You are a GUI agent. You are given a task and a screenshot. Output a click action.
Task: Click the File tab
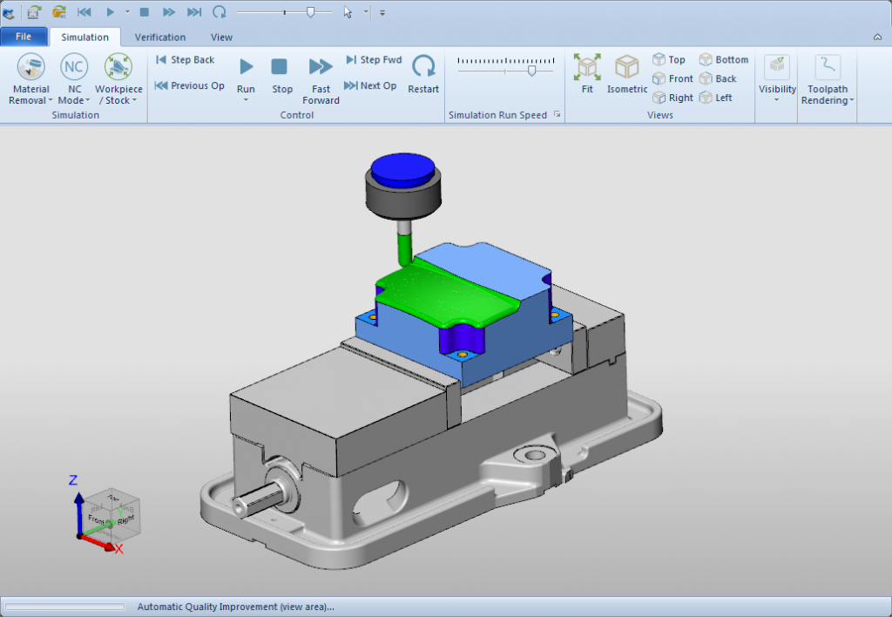24,37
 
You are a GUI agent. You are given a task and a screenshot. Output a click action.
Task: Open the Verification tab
159,37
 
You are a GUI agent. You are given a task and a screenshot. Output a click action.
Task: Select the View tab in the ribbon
221,37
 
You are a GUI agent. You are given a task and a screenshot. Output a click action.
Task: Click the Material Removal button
30,78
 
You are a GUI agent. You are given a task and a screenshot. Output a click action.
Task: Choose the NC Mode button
74,78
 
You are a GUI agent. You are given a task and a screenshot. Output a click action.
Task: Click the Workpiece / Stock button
118,78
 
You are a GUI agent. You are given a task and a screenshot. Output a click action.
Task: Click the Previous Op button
189,85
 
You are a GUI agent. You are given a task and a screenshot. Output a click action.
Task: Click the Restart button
423,74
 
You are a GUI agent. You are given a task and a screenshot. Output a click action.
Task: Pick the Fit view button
587,74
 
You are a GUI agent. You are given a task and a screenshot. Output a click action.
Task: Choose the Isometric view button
627,74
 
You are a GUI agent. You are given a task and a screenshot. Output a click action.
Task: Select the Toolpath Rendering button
827,78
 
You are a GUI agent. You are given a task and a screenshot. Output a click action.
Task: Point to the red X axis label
118,549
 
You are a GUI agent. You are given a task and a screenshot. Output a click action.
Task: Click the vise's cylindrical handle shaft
253,504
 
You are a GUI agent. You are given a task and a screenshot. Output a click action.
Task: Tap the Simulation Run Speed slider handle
531,71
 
